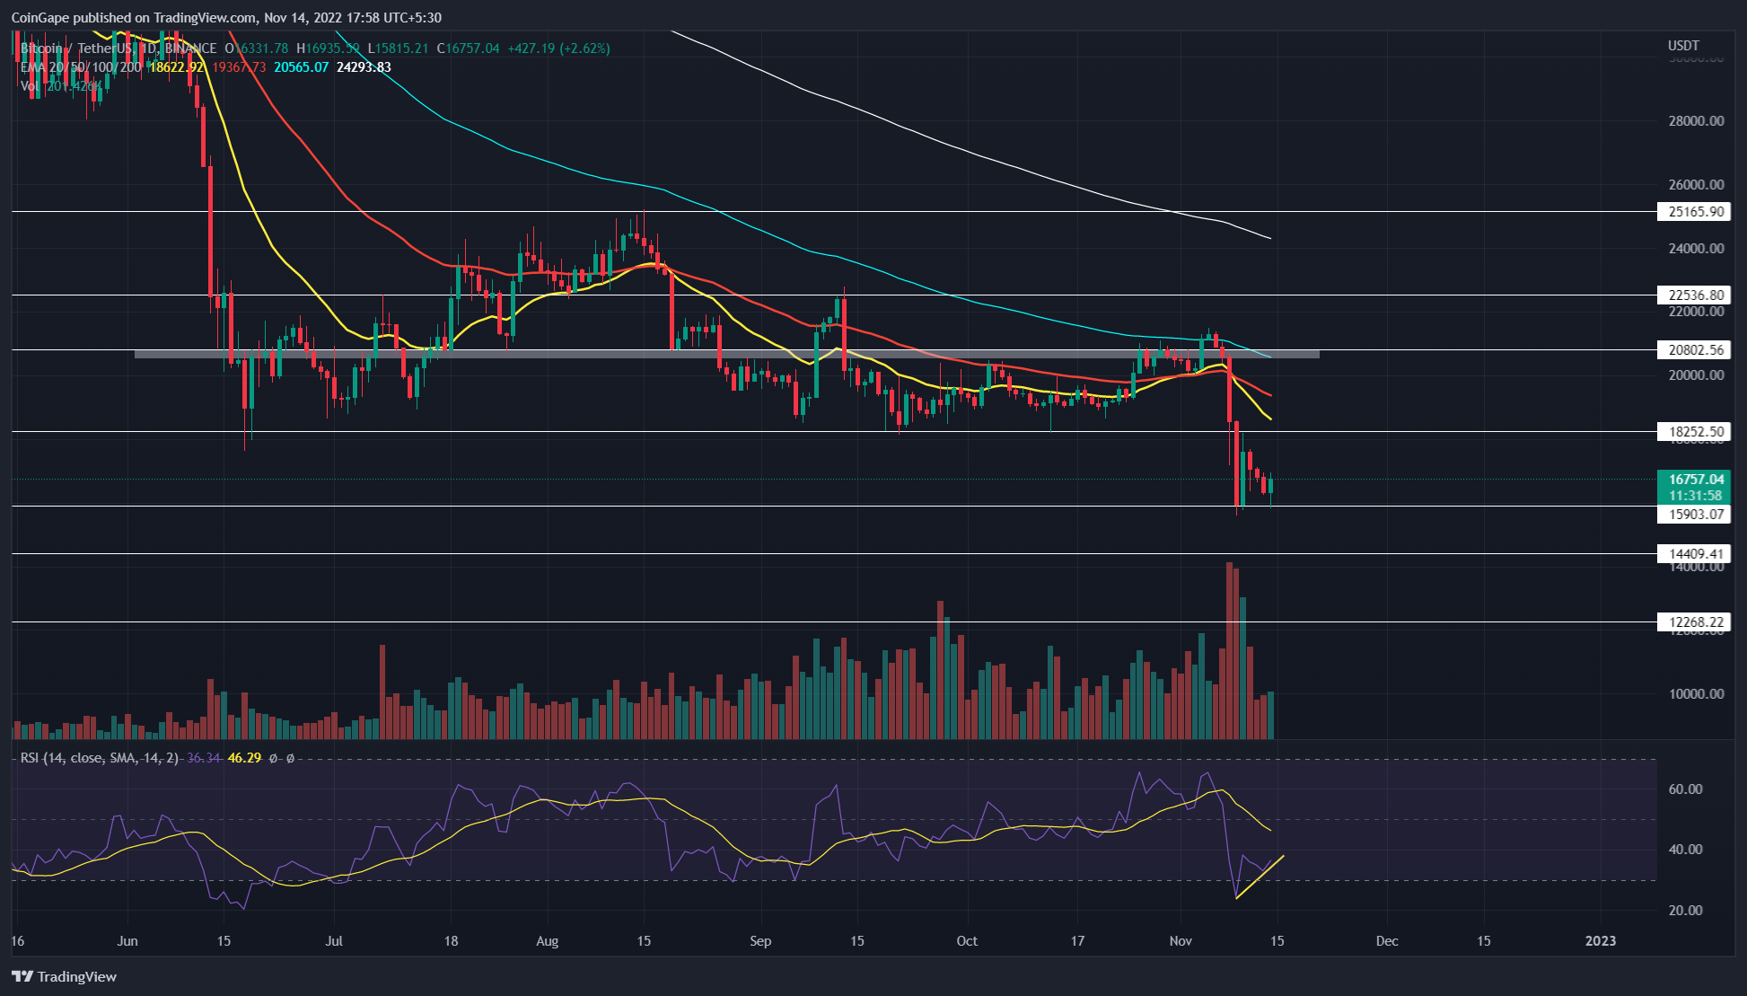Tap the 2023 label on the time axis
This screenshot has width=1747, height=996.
pos(1600,941)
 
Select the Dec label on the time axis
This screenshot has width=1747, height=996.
pos(1387,941)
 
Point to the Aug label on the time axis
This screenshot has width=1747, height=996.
pos(547,941)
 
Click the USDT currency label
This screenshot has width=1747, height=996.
pos(1683,46)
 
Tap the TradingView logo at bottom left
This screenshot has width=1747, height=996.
pos(65,977)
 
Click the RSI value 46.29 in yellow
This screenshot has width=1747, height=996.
pos(244,758)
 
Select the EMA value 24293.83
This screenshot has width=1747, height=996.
pos(364,67)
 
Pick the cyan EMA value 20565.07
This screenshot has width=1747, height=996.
pos(301,67)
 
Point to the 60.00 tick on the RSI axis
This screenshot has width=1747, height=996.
pos(1685,789)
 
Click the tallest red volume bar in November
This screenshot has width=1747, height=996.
pos(1229,651)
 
